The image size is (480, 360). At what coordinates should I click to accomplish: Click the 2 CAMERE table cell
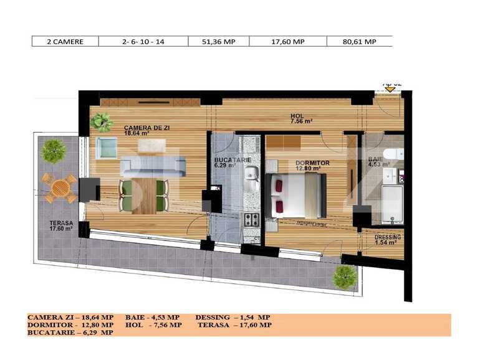point(65,42)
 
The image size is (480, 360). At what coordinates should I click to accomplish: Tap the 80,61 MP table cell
point(360,42)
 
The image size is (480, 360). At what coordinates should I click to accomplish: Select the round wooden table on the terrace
point(59,187)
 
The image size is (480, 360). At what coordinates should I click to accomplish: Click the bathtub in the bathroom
point(391,204)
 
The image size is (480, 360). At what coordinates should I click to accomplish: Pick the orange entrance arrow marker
point(390,88)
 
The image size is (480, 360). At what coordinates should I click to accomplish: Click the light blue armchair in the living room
point(106,148)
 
